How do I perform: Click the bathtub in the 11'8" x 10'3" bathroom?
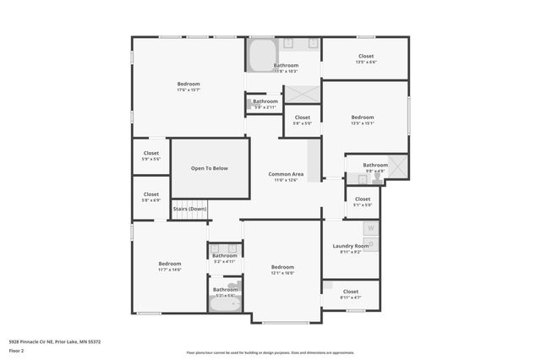point(260,54)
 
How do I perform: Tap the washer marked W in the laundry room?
point(370,228)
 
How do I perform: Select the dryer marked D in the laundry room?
point(370,244)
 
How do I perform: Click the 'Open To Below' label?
point(210,168)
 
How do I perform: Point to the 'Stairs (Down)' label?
point(190,209)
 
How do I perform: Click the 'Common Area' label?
point(286,174)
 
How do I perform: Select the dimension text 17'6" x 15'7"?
point(189,90)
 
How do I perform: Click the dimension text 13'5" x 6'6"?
point(366,62)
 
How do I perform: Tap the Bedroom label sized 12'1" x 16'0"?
point(282,267)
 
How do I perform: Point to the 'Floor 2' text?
point(15,349)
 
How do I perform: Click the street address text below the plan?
point(55,341)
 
